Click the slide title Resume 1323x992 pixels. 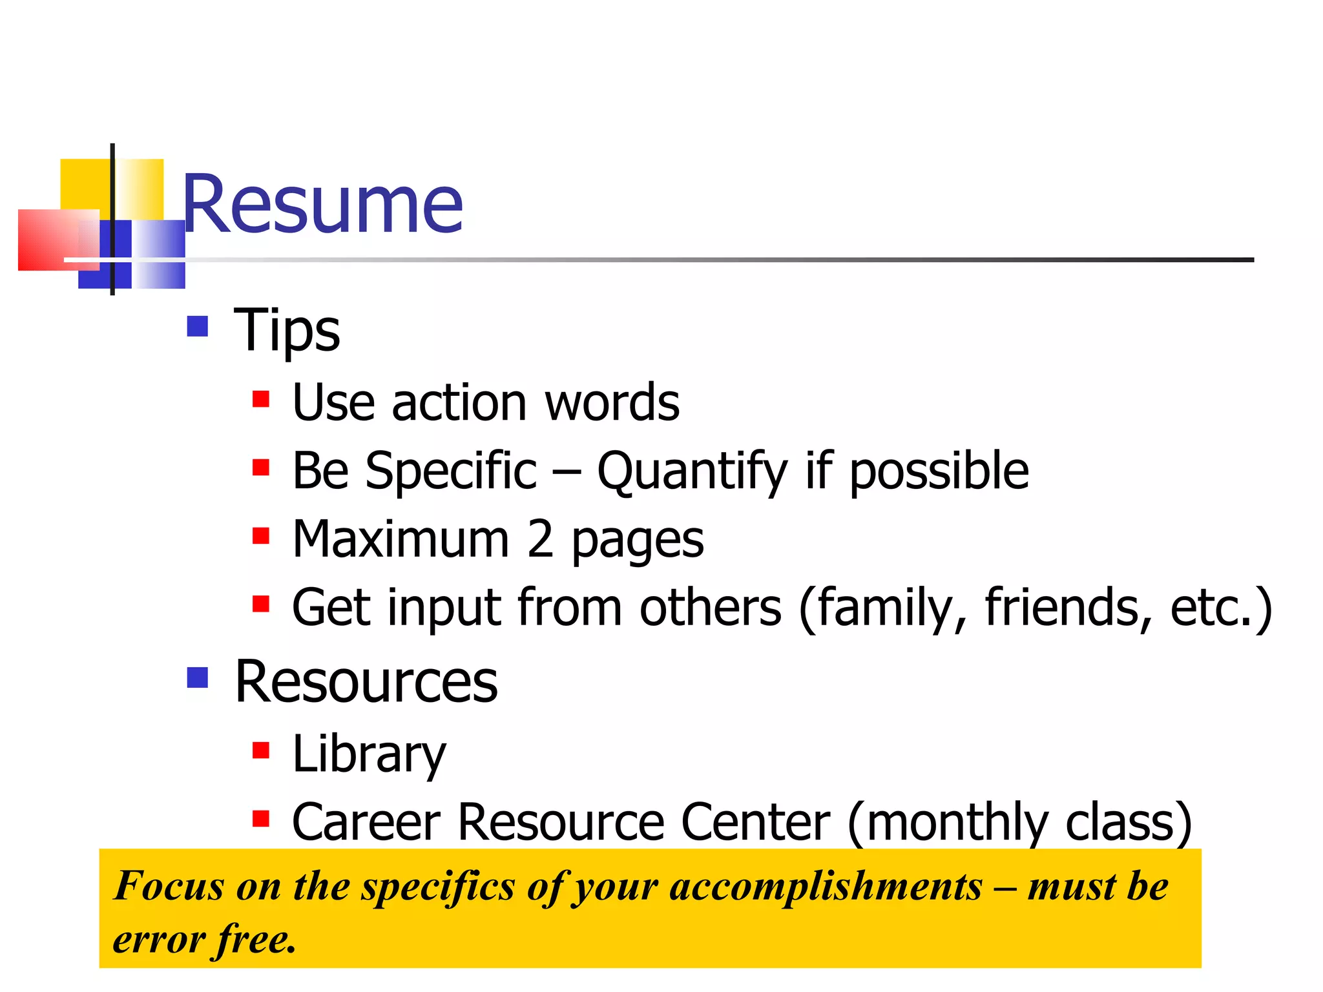click(322, 205)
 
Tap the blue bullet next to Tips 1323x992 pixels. click(197, 326)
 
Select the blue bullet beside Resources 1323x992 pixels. click(197, 677)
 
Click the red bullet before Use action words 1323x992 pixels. click(260, 399)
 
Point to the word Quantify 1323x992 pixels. click(692, 471)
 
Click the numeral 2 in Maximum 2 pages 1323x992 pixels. click(540, 539)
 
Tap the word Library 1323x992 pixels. click(369, 754)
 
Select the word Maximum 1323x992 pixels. click(401, 539)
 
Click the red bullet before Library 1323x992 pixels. click(260, 750)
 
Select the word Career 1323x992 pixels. click(366, 822)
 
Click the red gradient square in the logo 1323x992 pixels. click(48, 239)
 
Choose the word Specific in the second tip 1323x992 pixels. click(450, 471)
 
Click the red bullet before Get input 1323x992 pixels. click(260, 604)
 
